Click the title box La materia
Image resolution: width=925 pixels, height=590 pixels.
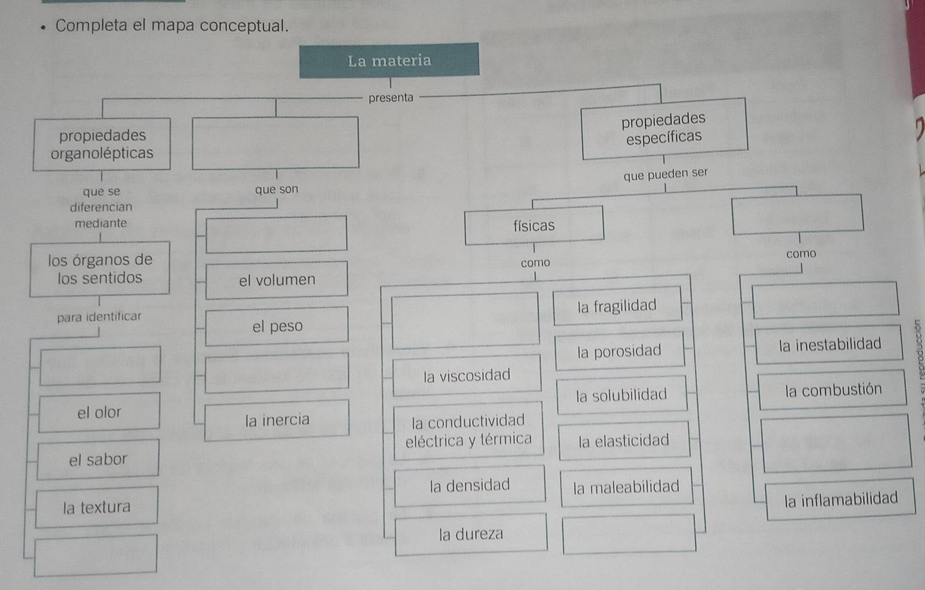click(389, 61)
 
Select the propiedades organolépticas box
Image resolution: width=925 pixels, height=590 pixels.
click(102, 144)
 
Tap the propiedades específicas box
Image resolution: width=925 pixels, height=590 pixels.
click(664, 128)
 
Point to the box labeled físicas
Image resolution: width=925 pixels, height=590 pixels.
click(534, 225)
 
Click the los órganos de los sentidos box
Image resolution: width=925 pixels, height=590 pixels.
click(100, 269)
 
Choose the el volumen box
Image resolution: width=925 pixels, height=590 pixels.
click(277, 280)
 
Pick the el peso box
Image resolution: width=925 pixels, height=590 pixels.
click(277, 326)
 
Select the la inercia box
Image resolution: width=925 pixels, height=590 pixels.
click(277, 419)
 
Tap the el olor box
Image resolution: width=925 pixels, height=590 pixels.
click(99, 412)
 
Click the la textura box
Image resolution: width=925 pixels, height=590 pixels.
click(96, 507)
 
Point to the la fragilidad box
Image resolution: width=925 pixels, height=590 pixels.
click(617, 306)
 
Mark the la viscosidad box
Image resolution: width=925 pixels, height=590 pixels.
click(467, 375)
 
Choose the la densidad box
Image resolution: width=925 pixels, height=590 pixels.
click(470, 485)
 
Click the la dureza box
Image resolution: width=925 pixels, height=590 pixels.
click(471, 534)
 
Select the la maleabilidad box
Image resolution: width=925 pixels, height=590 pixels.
click(626, 486)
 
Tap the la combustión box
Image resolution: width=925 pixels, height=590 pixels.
click(833, 390)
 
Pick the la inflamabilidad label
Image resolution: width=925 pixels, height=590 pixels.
click(840, 499)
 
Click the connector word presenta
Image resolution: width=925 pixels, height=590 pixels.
click(391, 98)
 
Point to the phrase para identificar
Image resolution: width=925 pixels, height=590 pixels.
click(99, 317)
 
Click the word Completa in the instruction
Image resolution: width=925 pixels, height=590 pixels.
click(91, 26)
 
